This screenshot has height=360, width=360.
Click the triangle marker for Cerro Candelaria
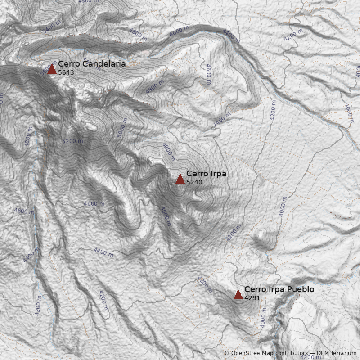(x=52, y=69)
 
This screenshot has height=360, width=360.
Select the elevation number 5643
(x=66, y=72)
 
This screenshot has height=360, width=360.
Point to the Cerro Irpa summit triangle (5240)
(x=180, y=179)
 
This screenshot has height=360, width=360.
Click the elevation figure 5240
(x=194, y=183)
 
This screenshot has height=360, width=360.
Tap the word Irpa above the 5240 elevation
(x=219, y=174)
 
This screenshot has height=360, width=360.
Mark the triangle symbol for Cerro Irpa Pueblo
(x=238, y=295)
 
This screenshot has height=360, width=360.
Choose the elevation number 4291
(x=252, y=298)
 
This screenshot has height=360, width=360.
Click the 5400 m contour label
(x=50, y=26)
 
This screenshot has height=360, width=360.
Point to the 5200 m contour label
(x=72, y=141)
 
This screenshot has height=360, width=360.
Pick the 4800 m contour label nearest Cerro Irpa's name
(x=168, y=149)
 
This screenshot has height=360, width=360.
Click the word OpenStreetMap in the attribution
(x=252, y=353)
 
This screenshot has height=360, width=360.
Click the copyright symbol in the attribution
(x=227, y=353)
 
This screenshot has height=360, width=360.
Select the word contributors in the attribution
(x=290, y=353)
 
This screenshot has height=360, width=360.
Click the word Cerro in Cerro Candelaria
(x=67, y=64)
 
